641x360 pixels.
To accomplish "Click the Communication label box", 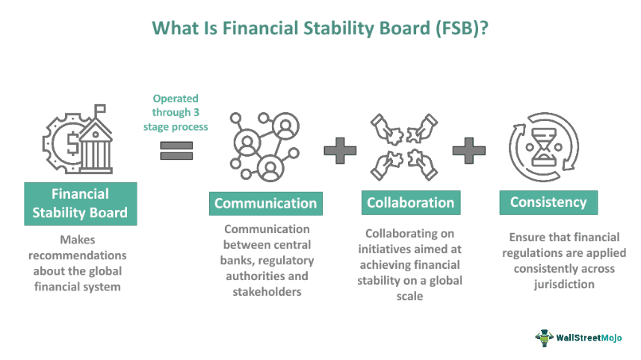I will [x=266, y=203].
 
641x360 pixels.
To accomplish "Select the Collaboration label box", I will [x=410, y=202].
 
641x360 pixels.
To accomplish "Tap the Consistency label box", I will [x=548, y=202].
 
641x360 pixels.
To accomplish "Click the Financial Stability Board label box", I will [x=80, y=203].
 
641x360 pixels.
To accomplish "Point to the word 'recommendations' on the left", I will [x=80, y=256].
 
